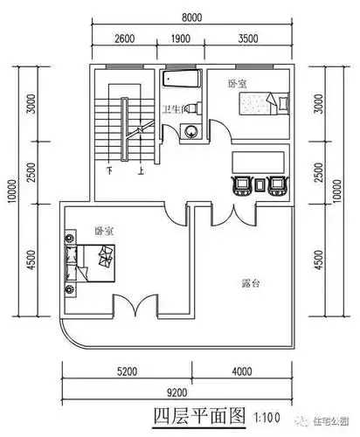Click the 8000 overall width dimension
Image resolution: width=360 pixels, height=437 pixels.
pyautogui.click(x=193, y=16)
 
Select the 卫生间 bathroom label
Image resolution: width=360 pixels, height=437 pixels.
pyautogui.click(x=172, y=109)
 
